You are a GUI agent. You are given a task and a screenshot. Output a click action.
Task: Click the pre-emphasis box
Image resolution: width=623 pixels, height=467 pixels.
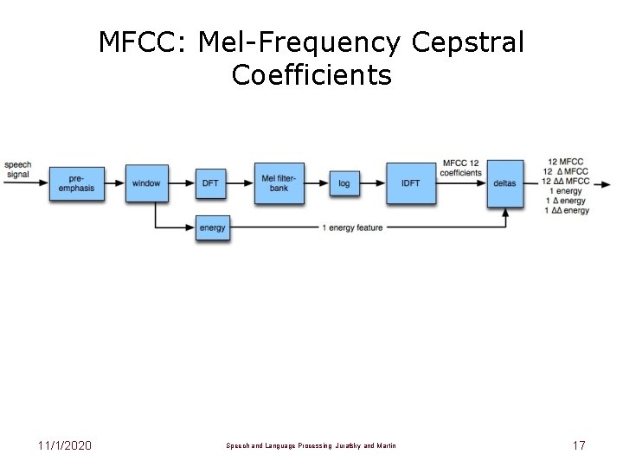pyautogui.click(x=77, y=183)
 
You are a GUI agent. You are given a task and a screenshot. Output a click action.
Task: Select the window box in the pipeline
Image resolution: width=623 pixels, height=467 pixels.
pyautogui.click(x=146, y=183)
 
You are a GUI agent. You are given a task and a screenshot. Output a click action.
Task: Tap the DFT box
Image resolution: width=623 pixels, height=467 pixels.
pyautogui.click(x=211, y=183)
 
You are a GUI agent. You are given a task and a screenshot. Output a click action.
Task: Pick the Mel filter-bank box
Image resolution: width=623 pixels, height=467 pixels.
pyautogui.click(x=279, y=183)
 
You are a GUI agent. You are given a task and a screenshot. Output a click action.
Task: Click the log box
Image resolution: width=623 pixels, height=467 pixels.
pyautogui.click(x=344, y=183)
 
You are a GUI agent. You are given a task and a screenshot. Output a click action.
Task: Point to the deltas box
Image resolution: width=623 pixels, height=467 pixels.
pyautogui.click(x=504, y=183)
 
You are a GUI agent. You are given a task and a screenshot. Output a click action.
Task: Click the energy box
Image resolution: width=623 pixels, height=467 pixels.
pyautogui.click(x=212, y=227)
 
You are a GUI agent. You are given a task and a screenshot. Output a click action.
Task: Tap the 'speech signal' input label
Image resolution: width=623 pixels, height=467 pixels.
pyautogui.click(x=17, y=169)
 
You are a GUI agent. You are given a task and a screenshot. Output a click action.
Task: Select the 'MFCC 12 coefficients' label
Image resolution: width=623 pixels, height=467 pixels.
pyautogui.click(x=462, y=168)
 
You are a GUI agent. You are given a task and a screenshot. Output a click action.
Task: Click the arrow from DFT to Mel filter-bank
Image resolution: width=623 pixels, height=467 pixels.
pyautogui.click(x=241, y=183)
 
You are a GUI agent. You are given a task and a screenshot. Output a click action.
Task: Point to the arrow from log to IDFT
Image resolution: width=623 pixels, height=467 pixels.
pyautogui.click(x=372, y=183)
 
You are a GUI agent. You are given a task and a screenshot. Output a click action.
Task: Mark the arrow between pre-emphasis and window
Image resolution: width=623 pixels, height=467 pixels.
pyautogui.click(x=115, y=183)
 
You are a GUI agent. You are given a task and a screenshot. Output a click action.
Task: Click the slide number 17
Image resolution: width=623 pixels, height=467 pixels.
pyautogui.click(x=578, y=445)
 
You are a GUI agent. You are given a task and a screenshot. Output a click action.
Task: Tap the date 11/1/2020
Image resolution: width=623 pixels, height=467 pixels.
pyautogui.click(x=65, y=445)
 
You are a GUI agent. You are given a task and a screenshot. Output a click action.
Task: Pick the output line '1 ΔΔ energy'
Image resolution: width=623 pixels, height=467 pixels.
pyautogui.click(x=568, y=210)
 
